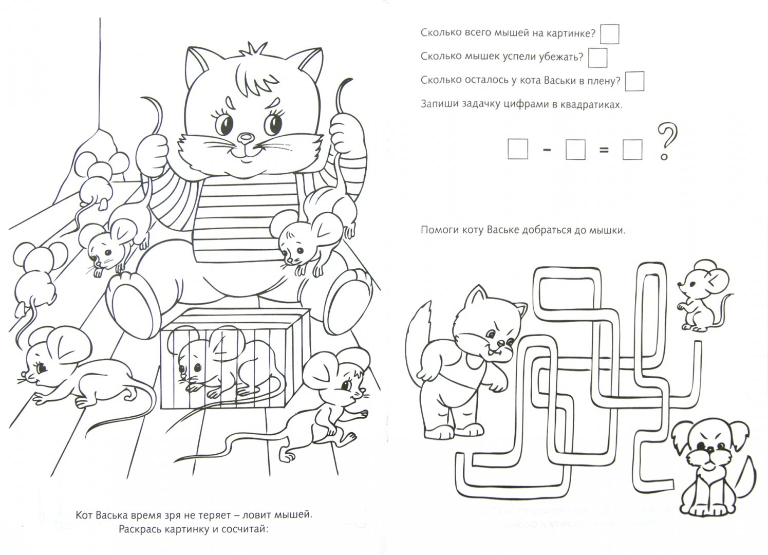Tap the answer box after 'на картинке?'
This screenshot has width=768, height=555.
(x=610, y=34)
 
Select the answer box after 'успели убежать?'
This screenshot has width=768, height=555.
(x=597, y=58)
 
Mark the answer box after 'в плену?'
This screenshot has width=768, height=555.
(x=635, y=81)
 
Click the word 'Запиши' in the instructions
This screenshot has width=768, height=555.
(x=438, y=105)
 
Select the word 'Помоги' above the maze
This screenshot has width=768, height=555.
(x=438, y=231)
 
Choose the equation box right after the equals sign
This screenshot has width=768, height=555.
(x=632, y=150)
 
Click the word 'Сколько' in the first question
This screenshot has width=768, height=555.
(x=439, y=33)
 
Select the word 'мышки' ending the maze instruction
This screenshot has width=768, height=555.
(x=610, y=231)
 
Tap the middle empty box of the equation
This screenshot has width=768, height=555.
(x=575, y=150)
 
